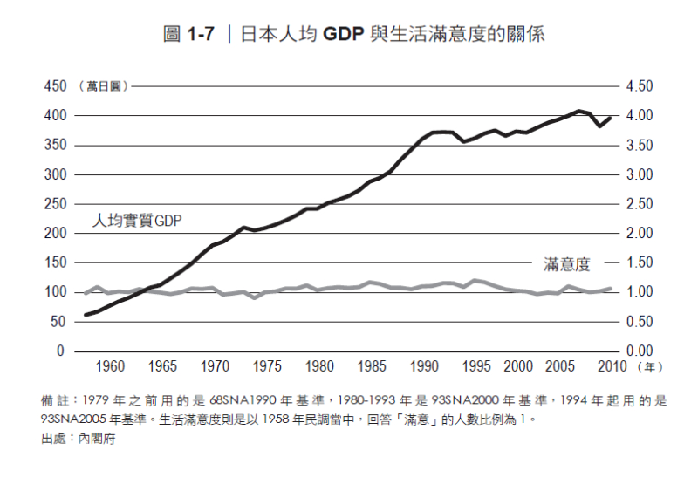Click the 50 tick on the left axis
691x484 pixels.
(x=58, y=322)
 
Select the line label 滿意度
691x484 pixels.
(x=567, y=262)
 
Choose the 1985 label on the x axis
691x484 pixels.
(x=373, y=366)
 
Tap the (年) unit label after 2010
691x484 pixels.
(x=650, y=366)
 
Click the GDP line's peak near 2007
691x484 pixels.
(x=578, y=111)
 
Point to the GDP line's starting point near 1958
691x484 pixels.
(x=86, y=315)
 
